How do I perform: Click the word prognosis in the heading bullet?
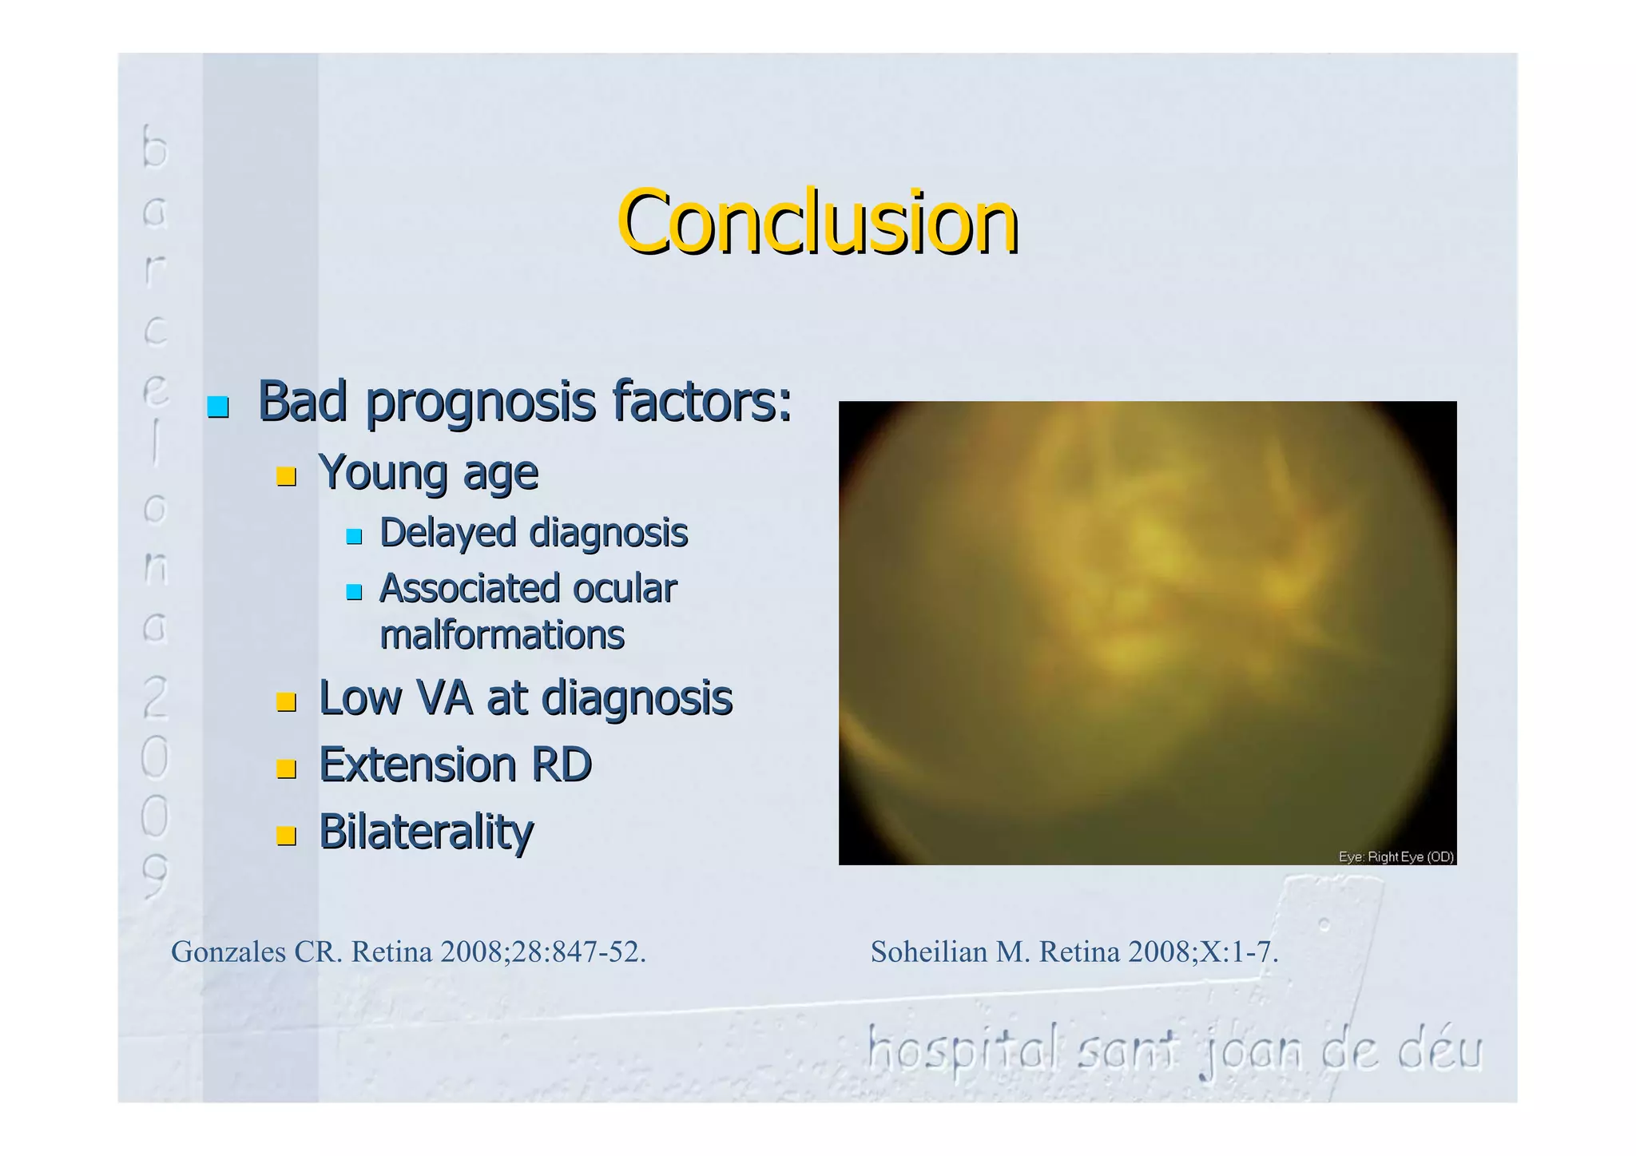[480, 403]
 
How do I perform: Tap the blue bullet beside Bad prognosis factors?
[218, 407]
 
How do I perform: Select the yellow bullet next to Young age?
[286, 477]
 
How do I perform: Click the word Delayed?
[447, 533]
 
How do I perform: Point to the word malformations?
[502, 636]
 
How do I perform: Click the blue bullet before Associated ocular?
[354, 592]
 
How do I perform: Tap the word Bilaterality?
[426, 832]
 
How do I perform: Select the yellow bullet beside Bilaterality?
[286, 836]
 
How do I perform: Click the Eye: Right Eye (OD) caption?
[1396, 856]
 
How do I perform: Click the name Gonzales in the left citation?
[228, 952]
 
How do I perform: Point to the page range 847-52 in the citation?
[592, 952]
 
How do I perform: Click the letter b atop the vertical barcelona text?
[155, 147]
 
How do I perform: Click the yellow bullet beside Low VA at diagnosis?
[286, 702]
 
